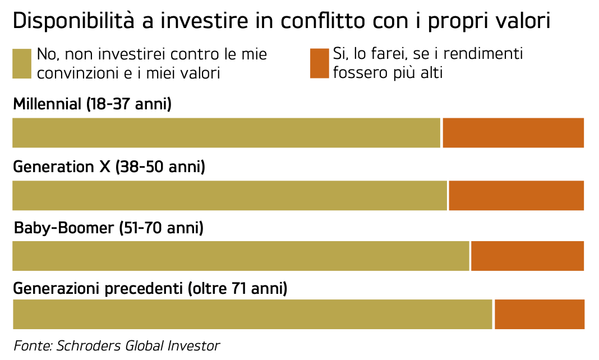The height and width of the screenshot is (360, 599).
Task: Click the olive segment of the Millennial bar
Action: tap(227, 133)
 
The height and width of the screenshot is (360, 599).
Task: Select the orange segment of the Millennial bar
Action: tap(513, 133)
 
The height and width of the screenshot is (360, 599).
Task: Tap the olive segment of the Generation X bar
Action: tap(230, 195)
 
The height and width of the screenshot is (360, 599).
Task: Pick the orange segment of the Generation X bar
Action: tap(517, 195)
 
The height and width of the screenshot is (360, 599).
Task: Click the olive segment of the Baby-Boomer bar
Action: tap(241, 256)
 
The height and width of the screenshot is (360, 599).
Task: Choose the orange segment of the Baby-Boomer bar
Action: tap(528, 256)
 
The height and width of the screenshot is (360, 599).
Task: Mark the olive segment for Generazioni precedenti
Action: tap(252, 315)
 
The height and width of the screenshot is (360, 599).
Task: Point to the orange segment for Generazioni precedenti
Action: tap(540, 315)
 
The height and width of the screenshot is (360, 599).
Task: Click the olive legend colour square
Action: tap(22, 63)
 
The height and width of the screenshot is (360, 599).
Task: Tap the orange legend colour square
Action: tap(319, 63)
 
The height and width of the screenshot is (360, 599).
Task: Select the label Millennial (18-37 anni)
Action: tap(92, 104)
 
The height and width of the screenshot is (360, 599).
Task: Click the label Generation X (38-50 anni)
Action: tap(109, 167)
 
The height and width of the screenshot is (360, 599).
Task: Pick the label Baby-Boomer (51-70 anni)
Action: tap(108, 228)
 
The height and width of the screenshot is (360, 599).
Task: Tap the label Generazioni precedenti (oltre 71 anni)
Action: tap(150, 289)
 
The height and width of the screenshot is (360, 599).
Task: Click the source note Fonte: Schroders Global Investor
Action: tap(117, 345)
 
